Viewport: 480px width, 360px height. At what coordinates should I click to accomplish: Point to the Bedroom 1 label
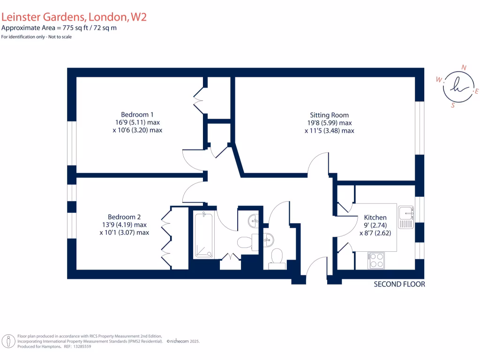pyautogui.click(x=137, y=114)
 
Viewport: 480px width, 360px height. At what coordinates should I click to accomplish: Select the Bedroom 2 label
pyautogui.click(x=124, y=217)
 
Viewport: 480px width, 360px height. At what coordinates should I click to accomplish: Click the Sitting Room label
pyautogui.click(x=329, y=115)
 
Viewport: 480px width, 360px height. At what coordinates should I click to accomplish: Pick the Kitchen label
pyautogui.click(x=375, y=217)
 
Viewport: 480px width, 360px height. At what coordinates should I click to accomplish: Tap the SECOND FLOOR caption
pyautogui.click(x=399, y=284)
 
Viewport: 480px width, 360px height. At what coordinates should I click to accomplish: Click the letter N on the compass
pyautogui.click(x=464, y=67)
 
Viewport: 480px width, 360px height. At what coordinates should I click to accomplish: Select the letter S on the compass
pyautogui.click(x=453, y=105)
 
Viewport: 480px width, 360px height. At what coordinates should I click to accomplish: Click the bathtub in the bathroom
pyautogui.click(x=204, y=235)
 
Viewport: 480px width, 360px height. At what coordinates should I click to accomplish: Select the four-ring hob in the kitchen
pyautogui.click(x=376, y=260)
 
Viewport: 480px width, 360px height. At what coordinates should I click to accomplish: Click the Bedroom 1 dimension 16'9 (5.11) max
pyautogui.click(x=137, y=122)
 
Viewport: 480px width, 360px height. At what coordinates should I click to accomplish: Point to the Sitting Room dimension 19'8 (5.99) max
pyautogui.click(x=329, y=123)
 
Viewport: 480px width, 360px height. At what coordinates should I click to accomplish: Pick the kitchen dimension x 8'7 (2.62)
pyautogui.click(x=375, y=232)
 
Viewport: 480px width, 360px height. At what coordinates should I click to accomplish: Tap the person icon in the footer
pyautogui.click(x=8, y=341)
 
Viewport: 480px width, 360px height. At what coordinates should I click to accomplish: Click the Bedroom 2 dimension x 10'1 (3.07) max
pyautogui.click(x=124, y=232)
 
